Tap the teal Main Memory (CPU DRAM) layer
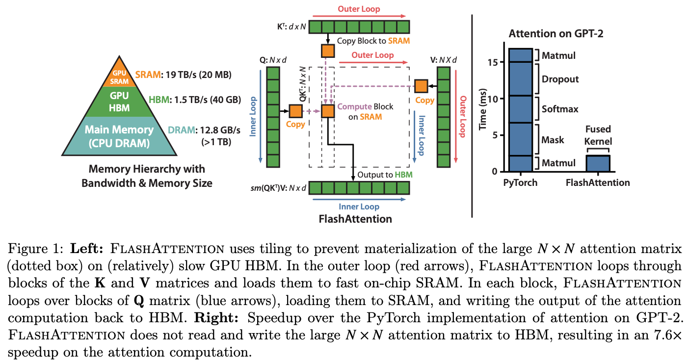point(119,136)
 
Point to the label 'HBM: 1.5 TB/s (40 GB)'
point(194,100)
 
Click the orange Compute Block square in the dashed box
point(327,111)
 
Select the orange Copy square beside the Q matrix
point(295,111)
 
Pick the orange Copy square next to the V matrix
point(421,86)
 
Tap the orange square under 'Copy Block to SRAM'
point(327,51)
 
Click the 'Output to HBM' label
point(385,175)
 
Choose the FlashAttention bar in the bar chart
point(598,163)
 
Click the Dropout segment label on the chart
point(560,79)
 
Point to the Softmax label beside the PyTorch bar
point(560,109)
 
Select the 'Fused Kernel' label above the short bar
point(598,135)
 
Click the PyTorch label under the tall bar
point(520,183)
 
